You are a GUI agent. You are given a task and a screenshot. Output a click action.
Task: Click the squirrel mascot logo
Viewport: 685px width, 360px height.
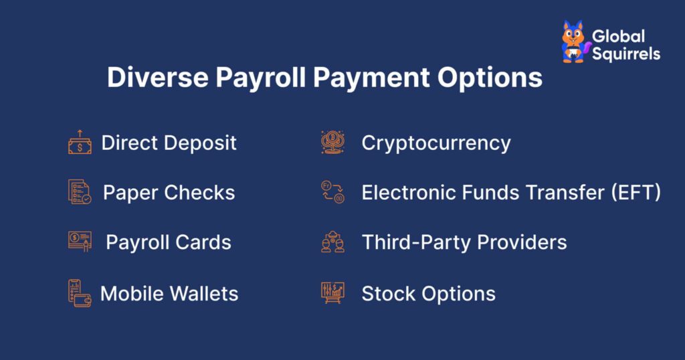[573, 41]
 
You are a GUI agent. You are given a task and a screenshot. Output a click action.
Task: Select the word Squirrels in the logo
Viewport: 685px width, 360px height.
[626, 54]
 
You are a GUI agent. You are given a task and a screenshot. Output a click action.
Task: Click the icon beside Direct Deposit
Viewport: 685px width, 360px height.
[80, 143]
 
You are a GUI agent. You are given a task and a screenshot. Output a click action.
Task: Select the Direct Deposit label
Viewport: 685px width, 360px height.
[169, 143]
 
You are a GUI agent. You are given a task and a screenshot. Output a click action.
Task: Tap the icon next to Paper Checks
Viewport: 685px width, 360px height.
[80, 192]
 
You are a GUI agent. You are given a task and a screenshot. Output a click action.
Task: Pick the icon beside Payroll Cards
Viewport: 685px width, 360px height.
[80, 242]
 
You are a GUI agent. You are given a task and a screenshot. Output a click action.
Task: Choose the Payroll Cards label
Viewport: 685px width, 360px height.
[169, 242]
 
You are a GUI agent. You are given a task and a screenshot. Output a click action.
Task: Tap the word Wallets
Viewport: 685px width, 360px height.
[205, 293]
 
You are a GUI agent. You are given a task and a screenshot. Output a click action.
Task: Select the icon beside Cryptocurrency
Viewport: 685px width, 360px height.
[332, 143]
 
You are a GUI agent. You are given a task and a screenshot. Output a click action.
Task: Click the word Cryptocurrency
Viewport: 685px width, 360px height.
[436, 143]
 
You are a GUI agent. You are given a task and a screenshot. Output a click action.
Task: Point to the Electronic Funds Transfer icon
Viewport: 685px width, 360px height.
[332, 192]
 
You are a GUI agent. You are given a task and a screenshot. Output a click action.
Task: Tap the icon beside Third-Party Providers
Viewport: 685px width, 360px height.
[332, 242]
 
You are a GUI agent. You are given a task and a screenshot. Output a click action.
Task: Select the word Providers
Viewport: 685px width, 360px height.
[520, 242]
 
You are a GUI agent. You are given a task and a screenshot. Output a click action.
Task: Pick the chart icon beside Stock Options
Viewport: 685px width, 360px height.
[332, 293]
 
